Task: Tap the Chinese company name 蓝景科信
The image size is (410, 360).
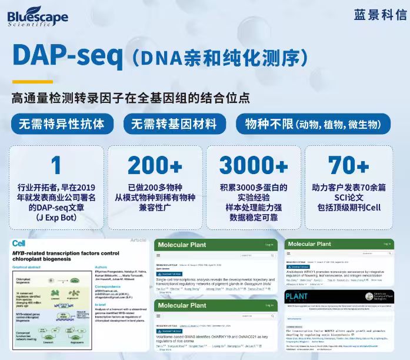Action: (x=380, y=15)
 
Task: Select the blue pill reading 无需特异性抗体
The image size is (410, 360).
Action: (x=62, y=124)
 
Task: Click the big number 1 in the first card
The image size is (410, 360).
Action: (x=56, y=165)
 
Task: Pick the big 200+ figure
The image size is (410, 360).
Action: (x=155, y=165)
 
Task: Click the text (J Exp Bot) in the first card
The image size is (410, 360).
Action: (x=56, y=218)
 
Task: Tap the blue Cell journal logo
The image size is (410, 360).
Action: (x=19, y=243)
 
